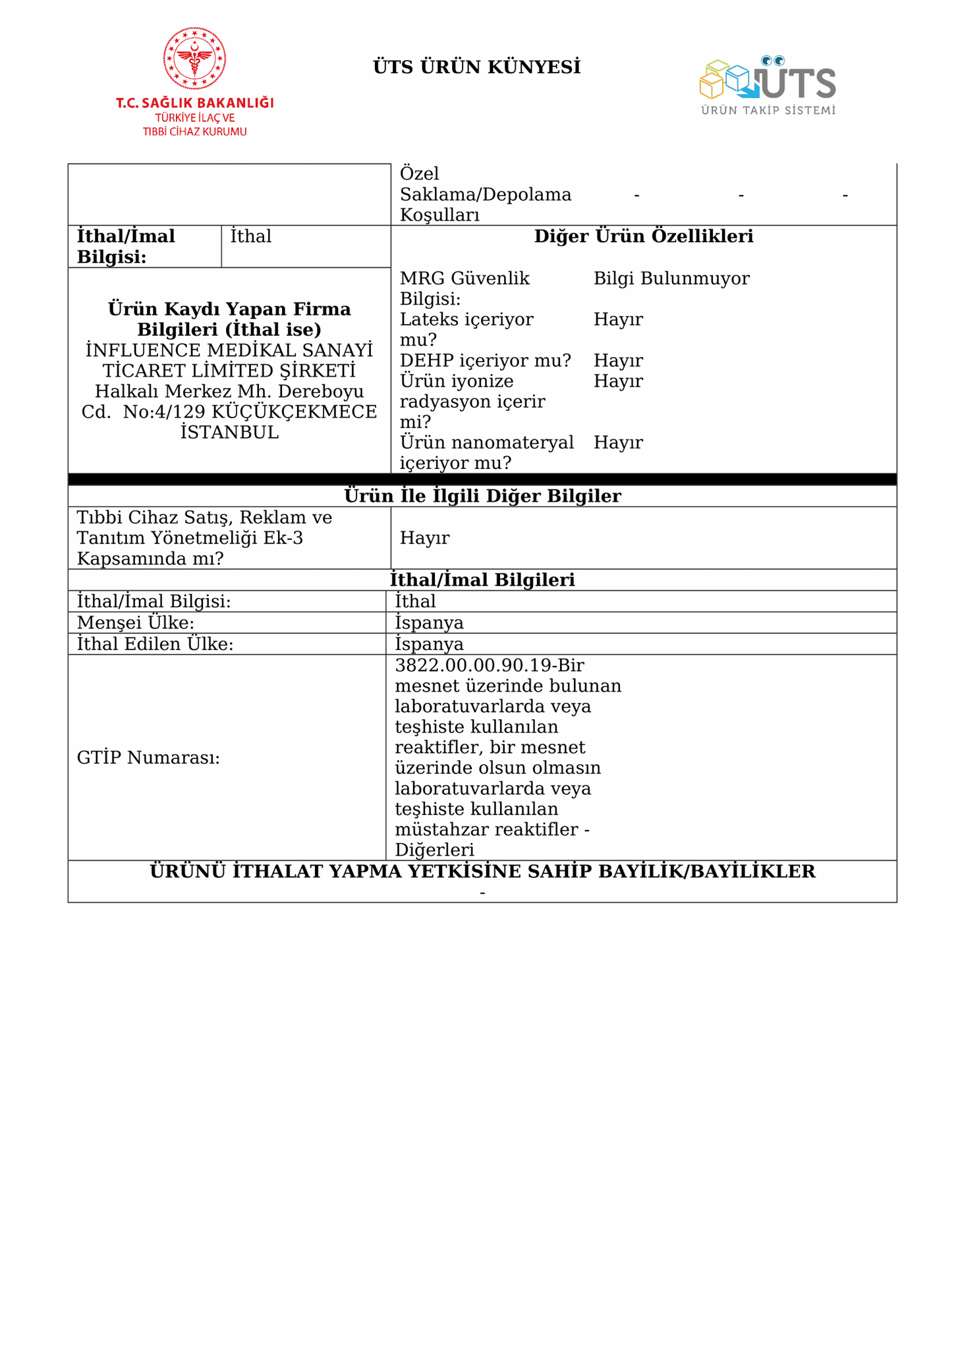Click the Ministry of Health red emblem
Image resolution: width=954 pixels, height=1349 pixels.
[x=194, y=59]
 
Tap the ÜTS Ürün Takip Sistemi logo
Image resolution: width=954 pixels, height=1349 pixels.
[x=768, y=85]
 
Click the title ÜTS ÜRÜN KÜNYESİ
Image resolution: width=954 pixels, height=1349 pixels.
[x=476, y=67]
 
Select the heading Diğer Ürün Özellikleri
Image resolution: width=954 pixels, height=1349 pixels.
[x=643, y=236]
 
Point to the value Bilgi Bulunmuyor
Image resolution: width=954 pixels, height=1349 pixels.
[x=671, y=279]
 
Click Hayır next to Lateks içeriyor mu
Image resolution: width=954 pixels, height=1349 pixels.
[x=618, y=319]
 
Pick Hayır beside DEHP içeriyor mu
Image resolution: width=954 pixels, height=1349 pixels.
[x=618, y=360]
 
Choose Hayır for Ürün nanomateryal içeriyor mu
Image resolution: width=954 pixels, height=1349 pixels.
[x=618, y=442]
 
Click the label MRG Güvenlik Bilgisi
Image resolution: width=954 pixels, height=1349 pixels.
[x=464, y=289]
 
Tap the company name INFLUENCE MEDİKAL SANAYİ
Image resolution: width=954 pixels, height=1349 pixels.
[x=229, y=350]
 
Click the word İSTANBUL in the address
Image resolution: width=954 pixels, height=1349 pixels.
[x=229, y=432]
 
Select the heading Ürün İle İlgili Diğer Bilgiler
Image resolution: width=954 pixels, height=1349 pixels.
[x=482, y=496]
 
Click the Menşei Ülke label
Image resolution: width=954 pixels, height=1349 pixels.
[x=136, y=622]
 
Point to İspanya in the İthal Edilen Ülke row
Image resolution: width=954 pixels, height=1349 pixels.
[x=429, y=644]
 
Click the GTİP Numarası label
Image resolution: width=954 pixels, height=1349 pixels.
[x=148, y=757]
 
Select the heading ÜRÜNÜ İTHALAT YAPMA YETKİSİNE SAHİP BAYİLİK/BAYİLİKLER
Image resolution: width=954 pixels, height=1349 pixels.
[x=482, y=871]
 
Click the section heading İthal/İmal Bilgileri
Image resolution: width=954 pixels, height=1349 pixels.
[x=482, y=580]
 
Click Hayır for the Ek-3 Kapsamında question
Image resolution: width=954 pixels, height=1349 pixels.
[x=424, y=537]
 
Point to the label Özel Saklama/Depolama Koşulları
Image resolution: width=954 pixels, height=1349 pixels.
[x=486, y=194]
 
